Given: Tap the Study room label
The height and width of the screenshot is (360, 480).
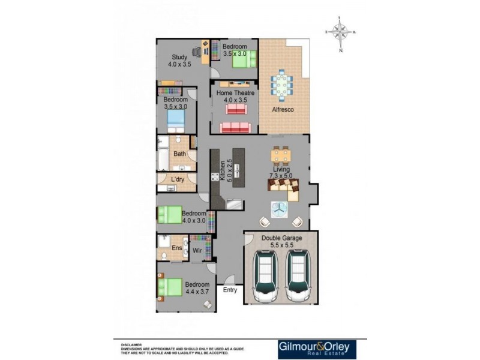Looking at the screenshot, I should pyautogui.click(x=179, y=58).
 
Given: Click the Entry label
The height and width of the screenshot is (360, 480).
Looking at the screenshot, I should pyautogui.click(x=230, y=290).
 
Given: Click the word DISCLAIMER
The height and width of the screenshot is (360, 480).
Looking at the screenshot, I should pyautogui.click(x=131, y=345).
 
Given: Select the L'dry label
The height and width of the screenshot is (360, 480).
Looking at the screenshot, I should pyautogui.click(x=178, y=180).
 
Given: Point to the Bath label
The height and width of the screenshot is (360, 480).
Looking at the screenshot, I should pyautogui.click(x=179, y=154).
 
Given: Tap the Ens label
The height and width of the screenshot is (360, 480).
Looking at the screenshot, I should pyautogui.click(x=177, y=248).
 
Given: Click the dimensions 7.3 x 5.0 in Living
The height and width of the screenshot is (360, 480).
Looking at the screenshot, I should pyautogui.click(x=282, y=177).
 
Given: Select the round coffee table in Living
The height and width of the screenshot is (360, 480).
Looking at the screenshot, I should pyautogui.click(x=278, y=209).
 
